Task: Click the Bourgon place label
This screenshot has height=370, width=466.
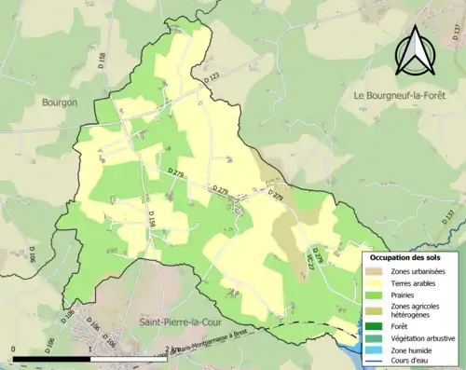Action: pos(60,103)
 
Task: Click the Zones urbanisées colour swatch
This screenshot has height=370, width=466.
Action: pos(377,270)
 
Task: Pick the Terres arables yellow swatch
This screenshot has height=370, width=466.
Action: pos(377,282)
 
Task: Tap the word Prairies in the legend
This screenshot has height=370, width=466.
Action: pos(404,295)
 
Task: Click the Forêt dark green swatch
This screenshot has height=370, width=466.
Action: pos(377,326)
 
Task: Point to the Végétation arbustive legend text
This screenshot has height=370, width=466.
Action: pos(422,338)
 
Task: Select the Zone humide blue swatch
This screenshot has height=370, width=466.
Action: pos(377,350)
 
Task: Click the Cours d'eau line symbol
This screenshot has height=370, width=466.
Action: pos(377,362)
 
